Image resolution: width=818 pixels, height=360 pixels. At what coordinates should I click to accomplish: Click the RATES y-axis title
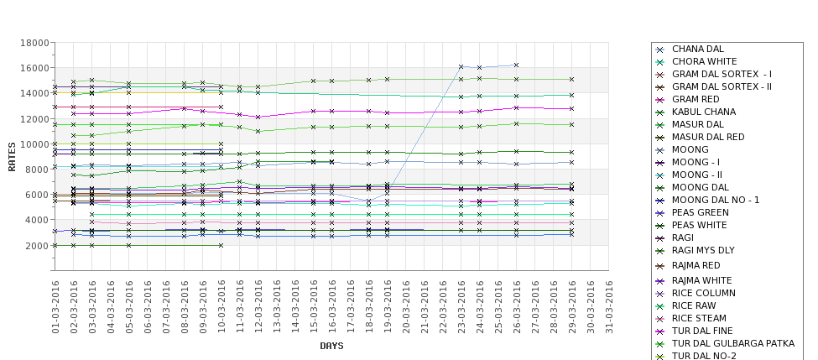pos(13,156)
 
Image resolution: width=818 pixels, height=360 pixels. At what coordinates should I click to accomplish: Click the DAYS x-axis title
pos(331,346)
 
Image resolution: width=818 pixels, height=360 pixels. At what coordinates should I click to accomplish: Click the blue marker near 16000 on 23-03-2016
pos(461,66)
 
